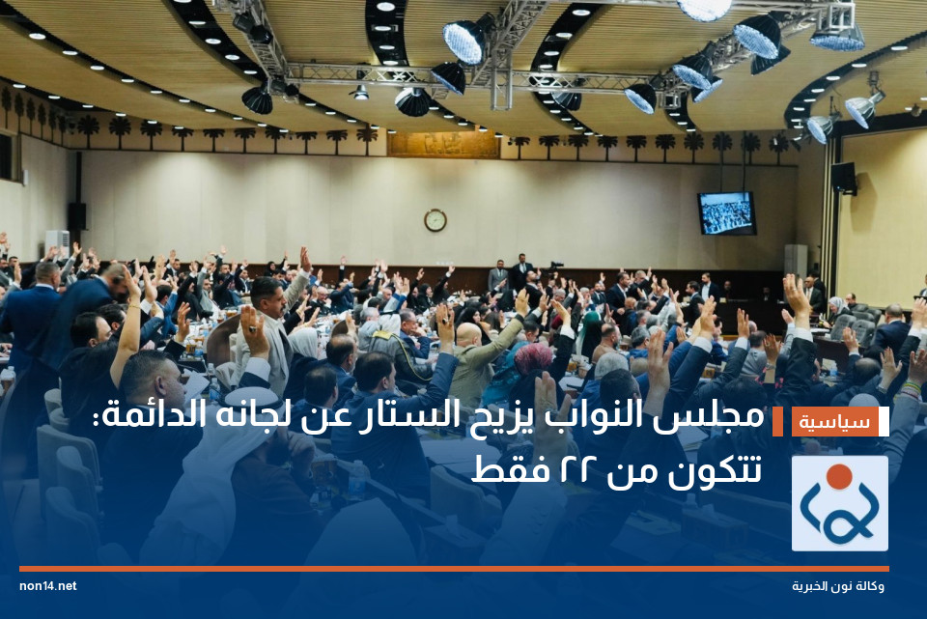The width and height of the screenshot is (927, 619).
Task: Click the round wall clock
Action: click(435, 220)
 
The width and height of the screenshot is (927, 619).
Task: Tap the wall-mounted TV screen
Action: click(726, 213)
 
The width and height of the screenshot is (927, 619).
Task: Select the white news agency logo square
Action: click(839, 503)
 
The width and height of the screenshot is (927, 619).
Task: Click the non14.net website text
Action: click(47, 586)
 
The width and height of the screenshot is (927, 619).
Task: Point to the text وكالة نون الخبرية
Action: click(838, 586)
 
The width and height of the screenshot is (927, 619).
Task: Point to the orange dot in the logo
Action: click(839, 475)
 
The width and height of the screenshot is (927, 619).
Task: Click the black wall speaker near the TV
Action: click(843, 177)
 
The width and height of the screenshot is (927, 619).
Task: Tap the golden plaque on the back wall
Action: click(443, 145)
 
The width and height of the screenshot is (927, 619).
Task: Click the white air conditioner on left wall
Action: click(57, 241)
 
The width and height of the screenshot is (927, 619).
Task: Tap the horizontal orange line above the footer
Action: click(454, 569)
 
